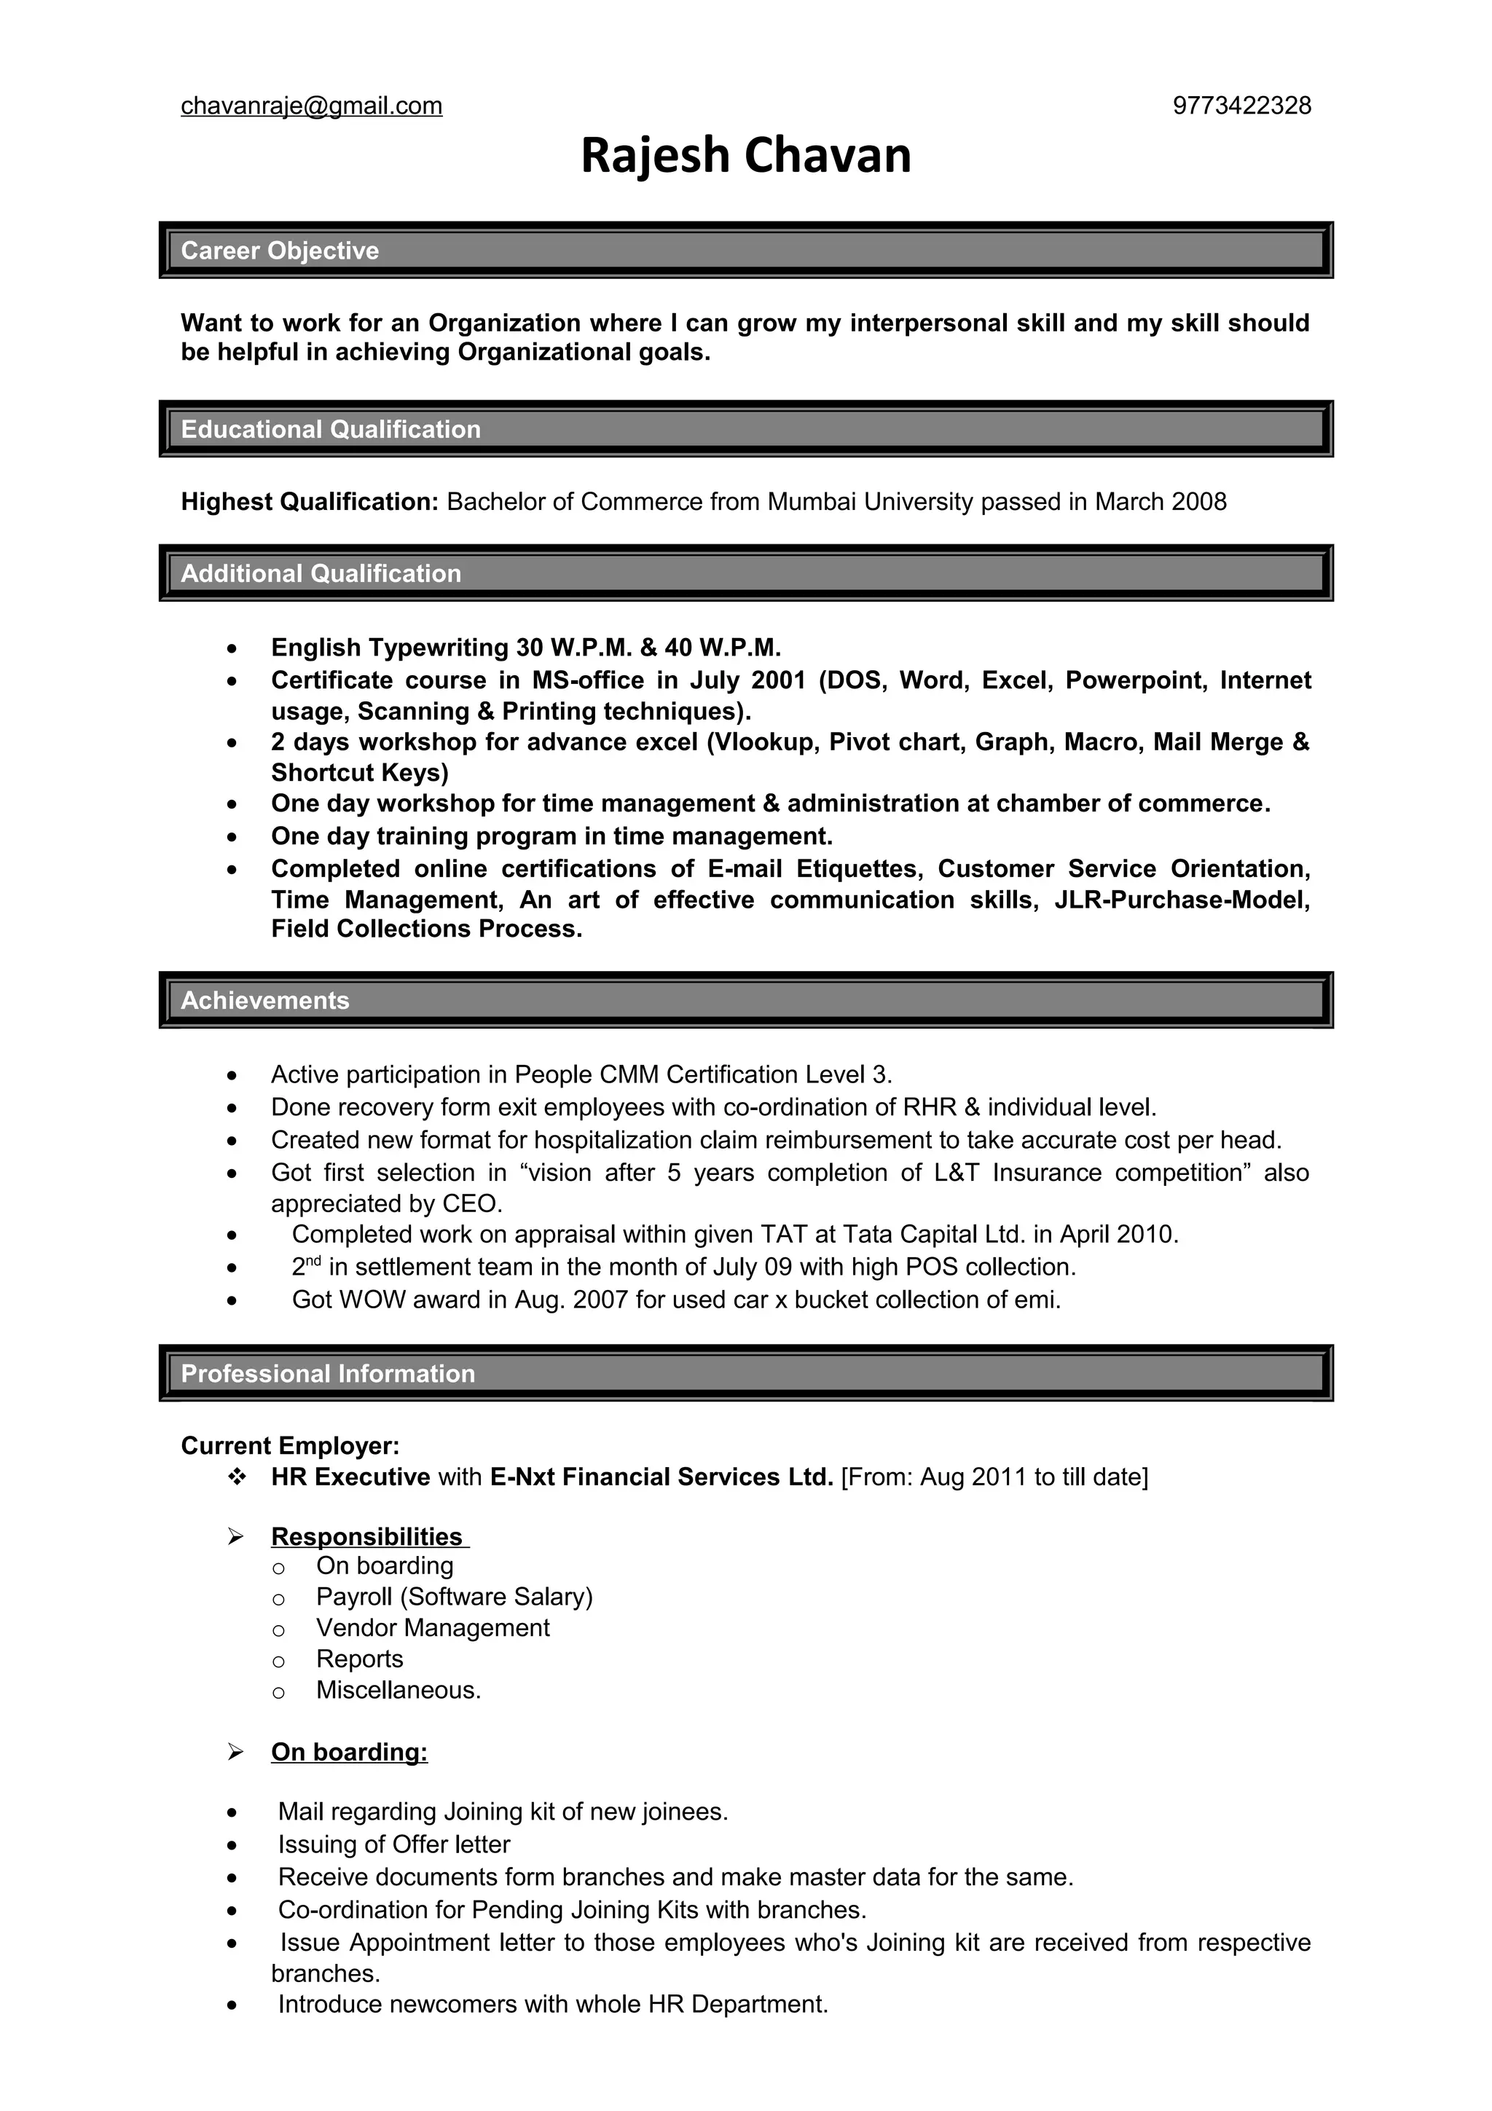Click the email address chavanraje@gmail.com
click(312, 106)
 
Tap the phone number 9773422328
click(1241, 106)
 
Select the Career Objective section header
click(280, 250)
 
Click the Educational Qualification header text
click(331, 429)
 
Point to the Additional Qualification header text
click(321, 574)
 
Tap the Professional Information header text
click(328, 1374)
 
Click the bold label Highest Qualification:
click(310, 502)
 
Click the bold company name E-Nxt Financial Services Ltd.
click(661, 1477)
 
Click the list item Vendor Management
click(432, 1627)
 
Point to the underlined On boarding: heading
click(350, 1753)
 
